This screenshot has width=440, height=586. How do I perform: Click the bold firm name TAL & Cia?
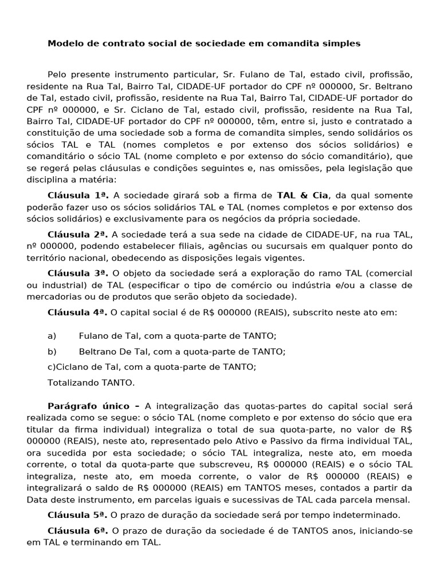302,195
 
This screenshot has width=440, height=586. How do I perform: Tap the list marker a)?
52,335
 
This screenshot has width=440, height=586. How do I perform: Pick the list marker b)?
52,351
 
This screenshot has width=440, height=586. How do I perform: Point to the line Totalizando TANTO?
92,382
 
